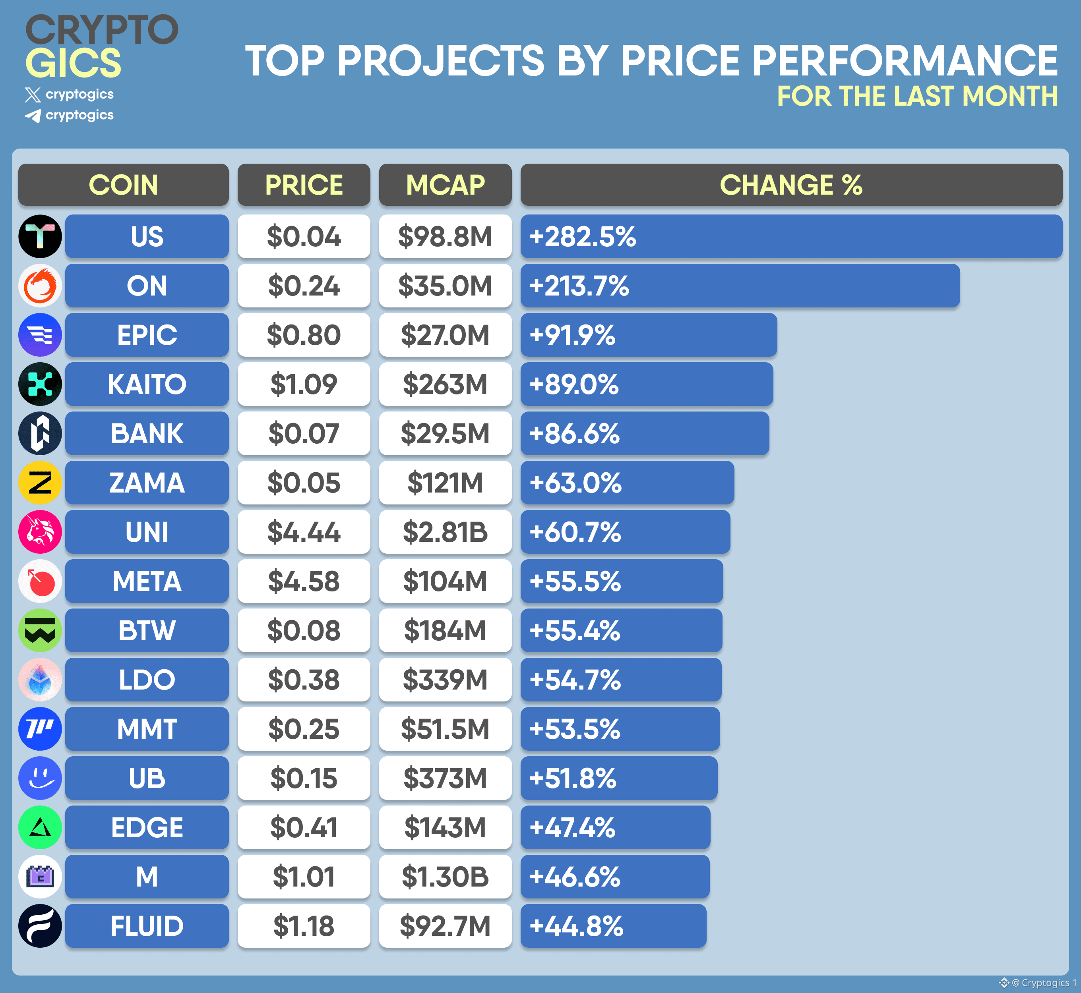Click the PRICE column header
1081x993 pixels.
click(304, 185)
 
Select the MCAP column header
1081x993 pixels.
click(445, 185)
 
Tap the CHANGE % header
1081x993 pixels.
click(791, 185)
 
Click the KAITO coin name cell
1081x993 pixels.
click(147, 384)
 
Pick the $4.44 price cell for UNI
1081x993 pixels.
click(304, 532)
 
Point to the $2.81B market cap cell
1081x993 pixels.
click(445, 532)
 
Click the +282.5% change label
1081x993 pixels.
click(583, 236)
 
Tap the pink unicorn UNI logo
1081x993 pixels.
click(40, 532)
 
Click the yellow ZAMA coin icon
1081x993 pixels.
click(40, 483)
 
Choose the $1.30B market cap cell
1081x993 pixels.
click(445, 877)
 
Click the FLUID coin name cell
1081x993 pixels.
click(147, 926)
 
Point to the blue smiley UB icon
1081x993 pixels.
click(40, 778)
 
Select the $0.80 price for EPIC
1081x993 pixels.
click(304, 335)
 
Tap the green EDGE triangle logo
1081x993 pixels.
click(40, 827)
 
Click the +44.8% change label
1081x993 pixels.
click(576, 926)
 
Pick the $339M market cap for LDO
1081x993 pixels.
click(445, 680)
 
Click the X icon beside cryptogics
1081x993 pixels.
click(33, 95)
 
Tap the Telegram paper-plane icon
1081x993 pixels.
click(33, 116)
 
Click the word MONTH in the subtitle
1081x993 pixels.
click(1010, 96)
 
